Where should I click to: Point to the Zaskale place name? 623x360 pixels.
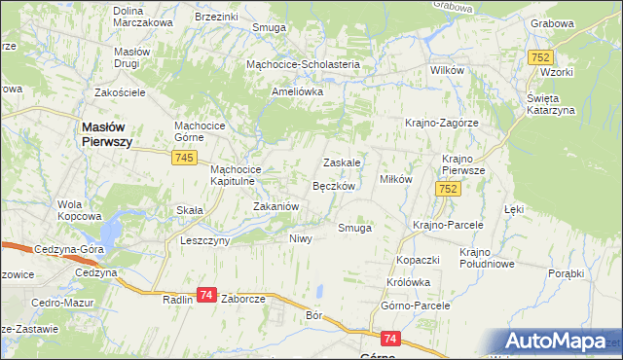pos(343,162)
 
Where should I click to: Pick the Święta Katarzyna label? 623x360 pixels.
pos(552,104)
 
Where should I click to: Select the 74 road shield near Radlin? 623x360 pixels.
pos(206,294)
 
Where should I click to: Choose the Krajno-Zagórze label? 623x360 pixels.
pos(441,123)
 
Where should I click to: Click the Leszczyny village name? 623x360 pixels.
pos(204,239)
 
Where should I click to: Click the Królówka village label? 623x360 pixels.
pos(408,282)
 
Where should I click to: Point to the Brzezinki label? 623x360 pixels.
pos(216,17)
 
